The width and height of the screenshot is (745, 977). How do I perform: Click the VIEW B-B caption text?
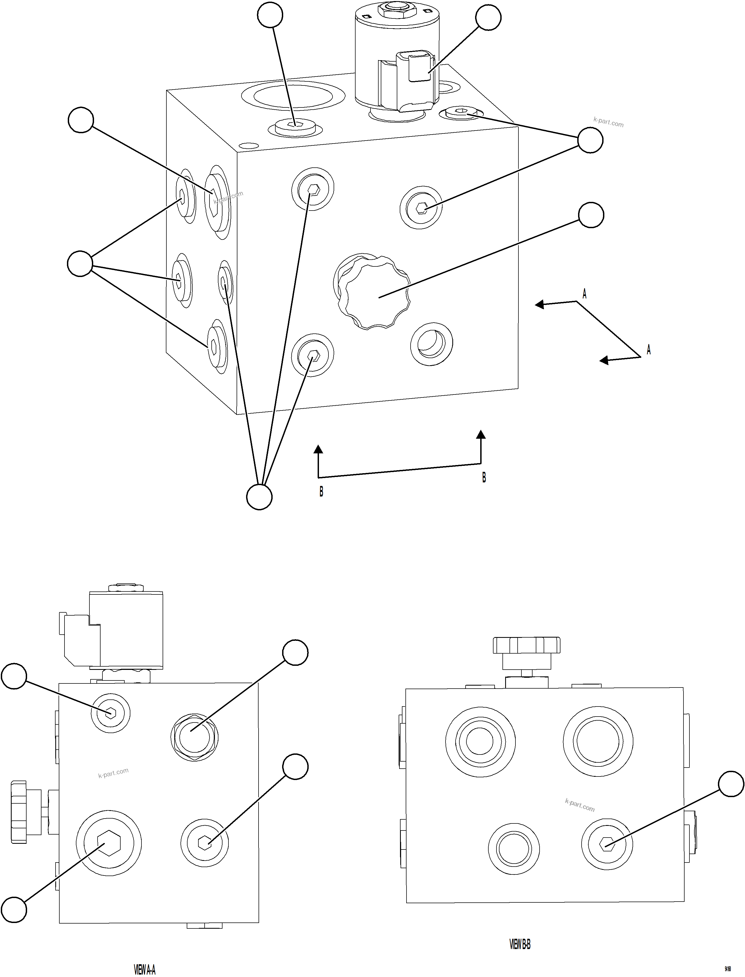click(520, 945)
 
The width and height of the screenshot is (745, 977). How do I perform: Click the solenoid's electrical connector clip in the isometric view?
click(419, 66)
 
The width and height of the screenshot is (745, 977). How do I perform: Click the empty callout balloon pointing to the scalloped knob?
click(591, 215)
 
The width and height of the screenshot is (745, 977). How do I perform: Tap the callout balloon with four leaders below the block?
click(259, 497)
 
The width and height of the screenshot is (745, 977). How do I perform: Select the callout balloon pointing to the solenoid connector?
click(488, 18)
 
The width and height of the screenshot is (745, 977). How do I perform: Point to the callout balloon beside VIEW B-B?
click(730, 784)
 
